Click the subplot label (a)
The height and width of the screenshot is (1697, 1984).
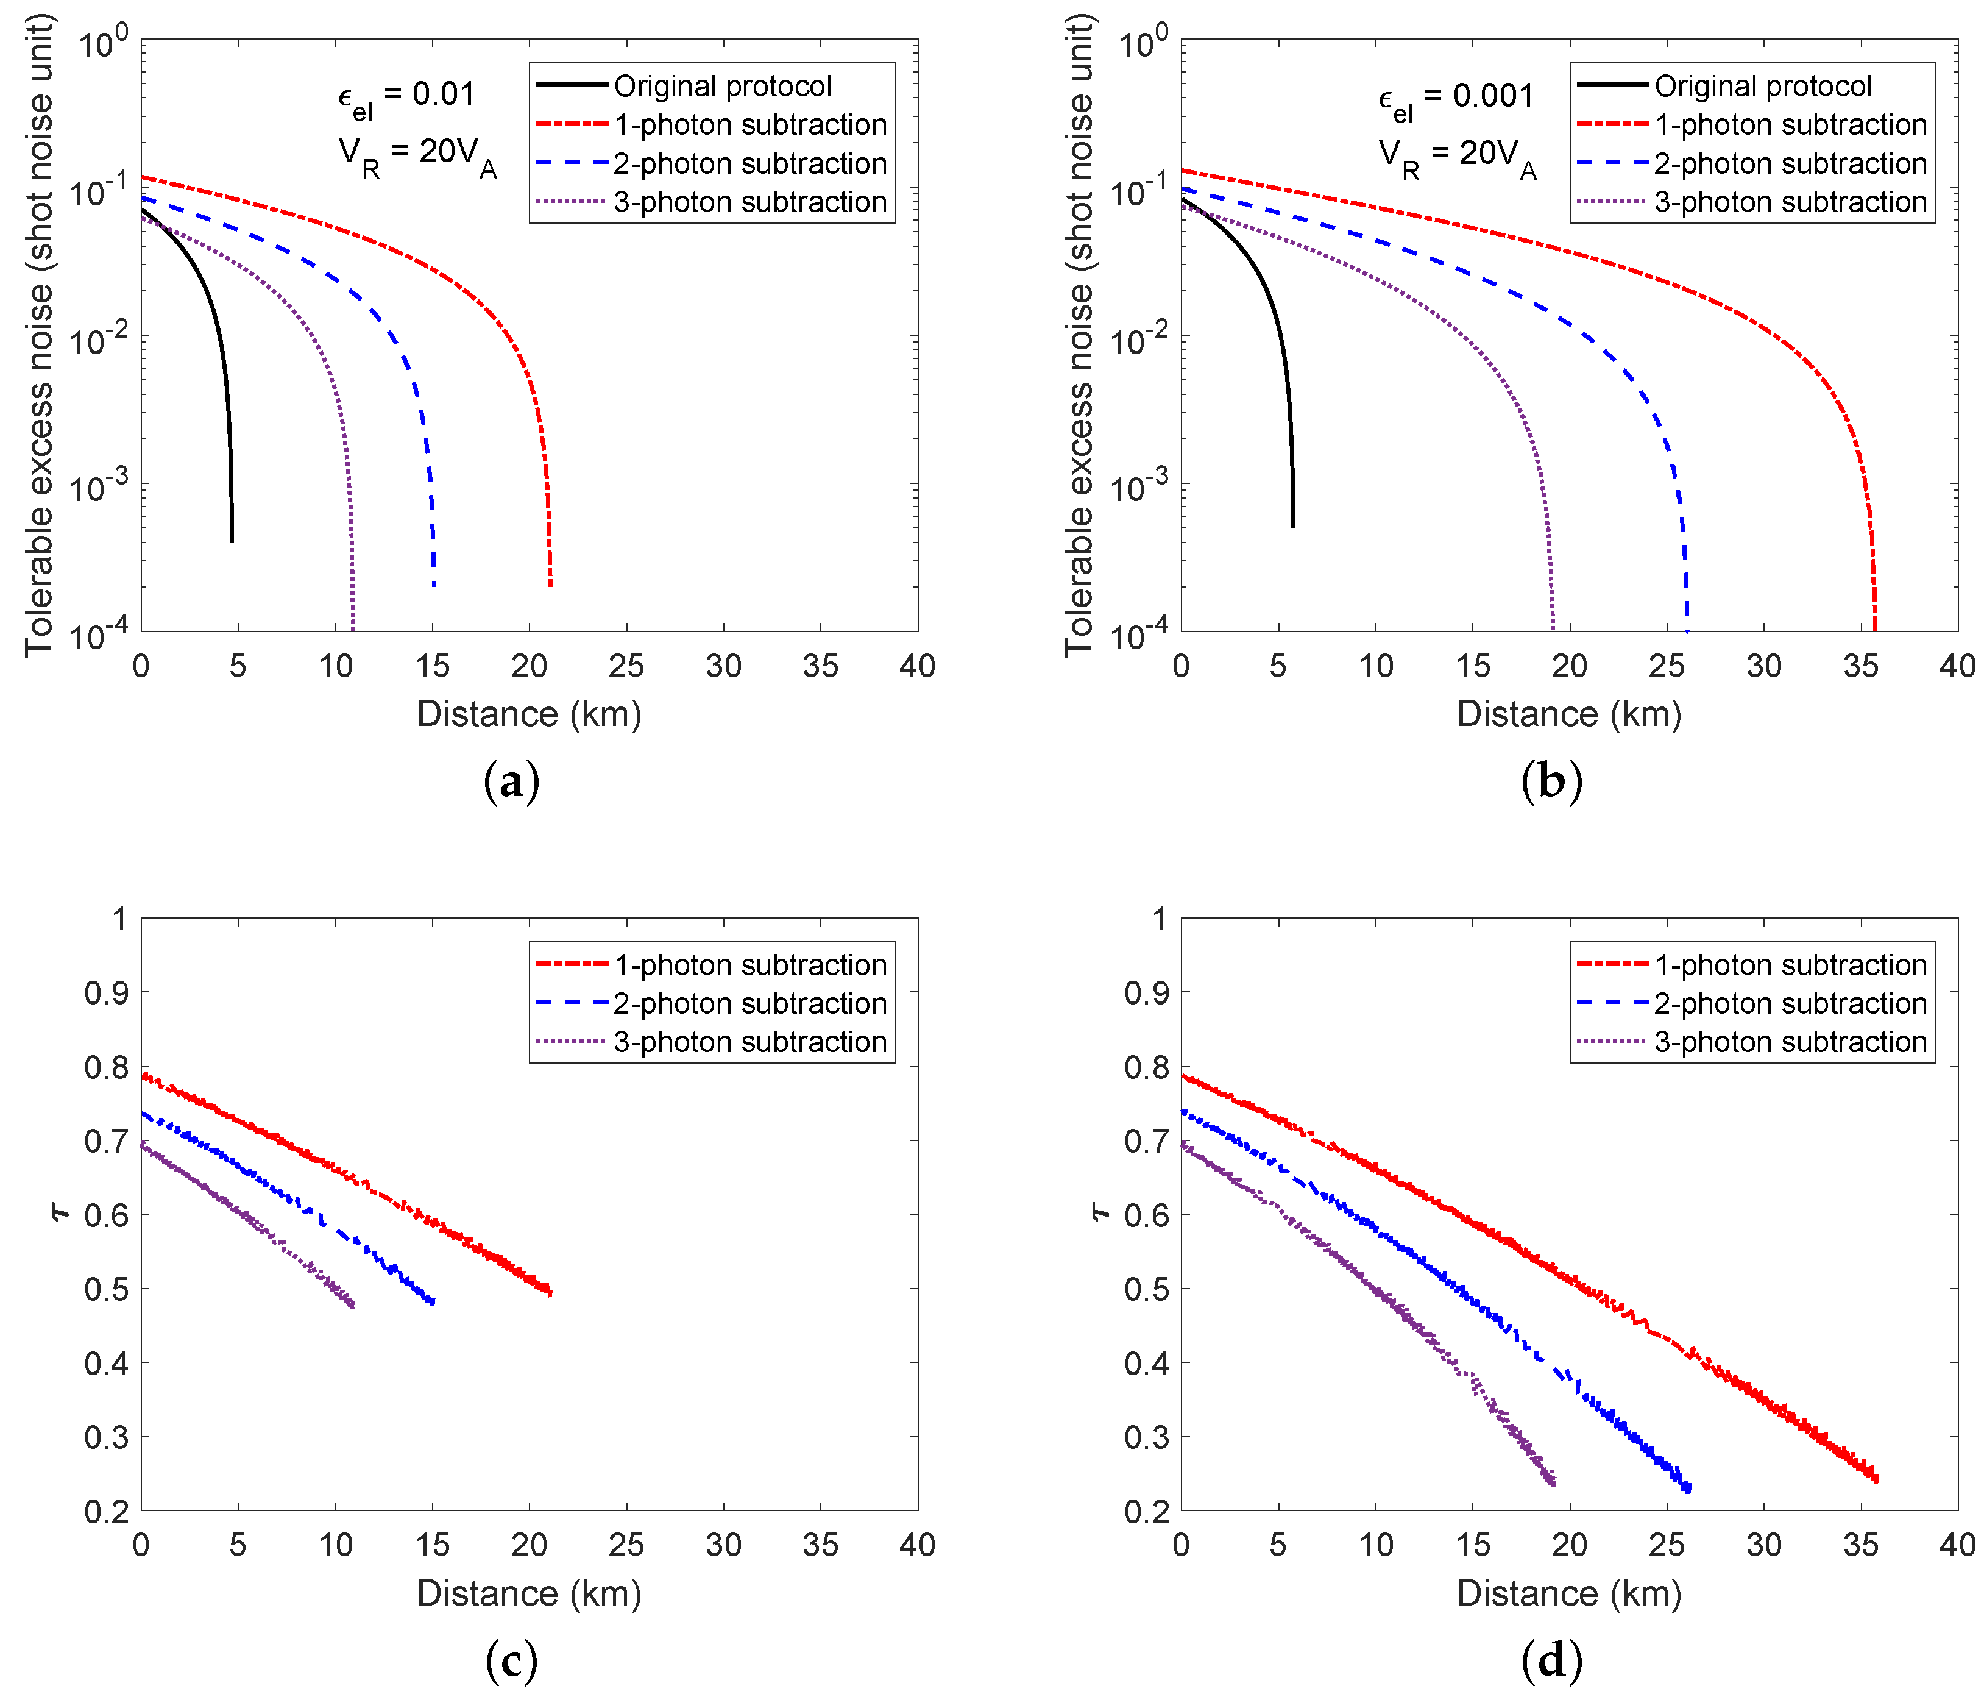tap(512, 781)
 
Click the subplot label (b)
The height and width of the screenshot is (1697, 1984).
tap(1551, 781)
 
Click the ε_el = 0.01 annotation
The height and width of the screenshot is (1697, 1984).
tap(406, 98)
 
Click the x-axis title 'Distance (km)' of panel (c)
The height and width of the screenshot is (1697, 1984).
tap(528, 1593)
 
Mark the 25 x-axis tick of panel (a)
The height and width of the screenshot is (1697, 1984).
tap(626, 666)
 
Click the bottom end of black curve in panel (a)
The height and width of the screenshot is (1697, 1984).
tap(232, 541)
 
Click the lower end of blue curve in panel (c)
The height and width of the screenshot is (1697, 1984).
tap(434, 1303)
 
